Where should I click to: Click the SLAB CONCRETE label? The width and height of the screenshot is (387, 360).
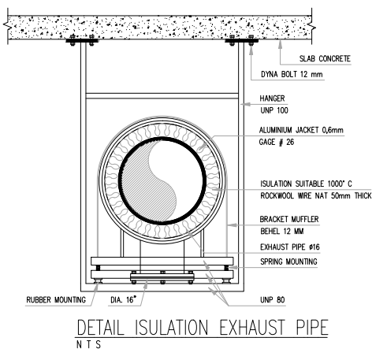[x=325, y=58]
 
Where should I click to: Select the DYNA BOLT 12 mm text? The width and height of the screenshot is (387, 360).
[x=292, y=74]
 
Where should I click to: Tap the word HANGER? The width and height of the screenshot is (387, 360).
[x=272, y=98]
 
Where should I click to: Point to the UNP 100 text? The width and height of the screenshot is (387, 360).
[x=274, y=110]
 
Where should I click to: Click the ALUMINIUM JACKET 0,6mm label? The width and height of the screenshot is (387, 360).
[x=301, y=130]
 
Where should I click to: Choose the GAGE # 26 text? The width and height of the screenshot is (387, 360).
[x=277, y=142]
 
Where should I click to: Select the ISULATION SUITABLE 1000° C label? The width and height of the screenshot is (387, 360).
[x=306, y=184]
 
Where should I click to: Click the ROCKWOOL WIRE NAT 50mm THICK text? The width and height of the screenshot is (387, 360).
[x=316, y=195]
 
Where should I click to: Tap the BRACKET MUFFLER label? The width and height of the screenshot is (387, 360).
[x=289, y=219]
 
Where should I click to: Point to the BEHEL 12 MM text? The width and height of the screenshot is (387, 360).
[x=282, y=232]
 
